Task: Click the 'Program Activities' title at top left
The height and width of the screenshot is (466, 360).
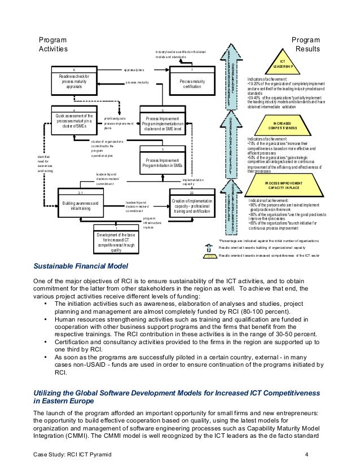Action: [52, 45]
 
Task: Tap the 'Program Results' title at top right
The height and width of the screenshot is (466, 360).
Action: [306, 45]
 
